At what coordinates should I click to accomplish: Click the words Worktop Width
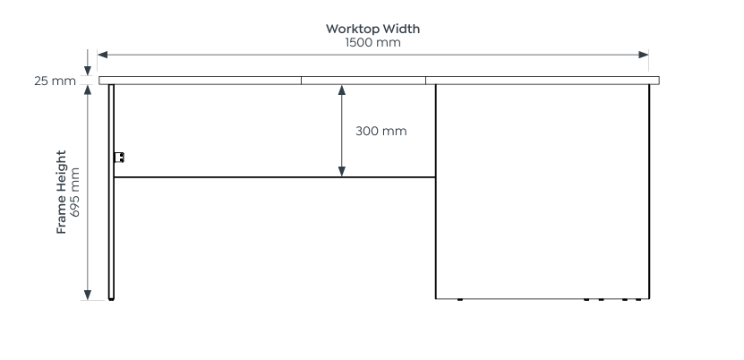click(373, 29)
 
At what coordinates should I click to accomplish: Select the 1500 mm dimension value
click(373, 42)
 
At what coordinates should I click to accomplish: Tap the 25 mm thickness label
click(55, 81)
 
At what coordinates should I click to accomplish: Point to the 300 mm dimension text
click(381, 131)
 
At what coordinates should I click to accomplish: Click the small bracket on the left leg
click(119, 158)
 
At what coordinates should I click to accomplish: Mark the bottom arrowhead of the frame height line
click(88, 294)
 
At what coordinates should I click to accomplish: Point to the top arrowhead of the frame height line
click(88, 90)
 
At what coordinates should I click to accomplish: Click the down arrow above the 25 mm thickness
click(88, 70)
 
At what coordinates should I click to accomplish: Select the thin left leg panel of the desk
click(111, 192)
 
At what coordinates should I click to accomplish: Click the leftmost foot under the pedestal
click(459, 299)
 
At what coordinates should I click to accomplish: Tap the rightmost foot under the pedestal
click(638, 299)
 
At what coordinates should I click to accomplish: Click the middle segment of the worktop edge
click(363, 81)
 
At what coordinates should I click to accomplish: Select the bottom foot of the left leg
click(111, 299)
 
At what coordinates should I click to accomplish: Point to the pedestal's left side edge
click(436, 192)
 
